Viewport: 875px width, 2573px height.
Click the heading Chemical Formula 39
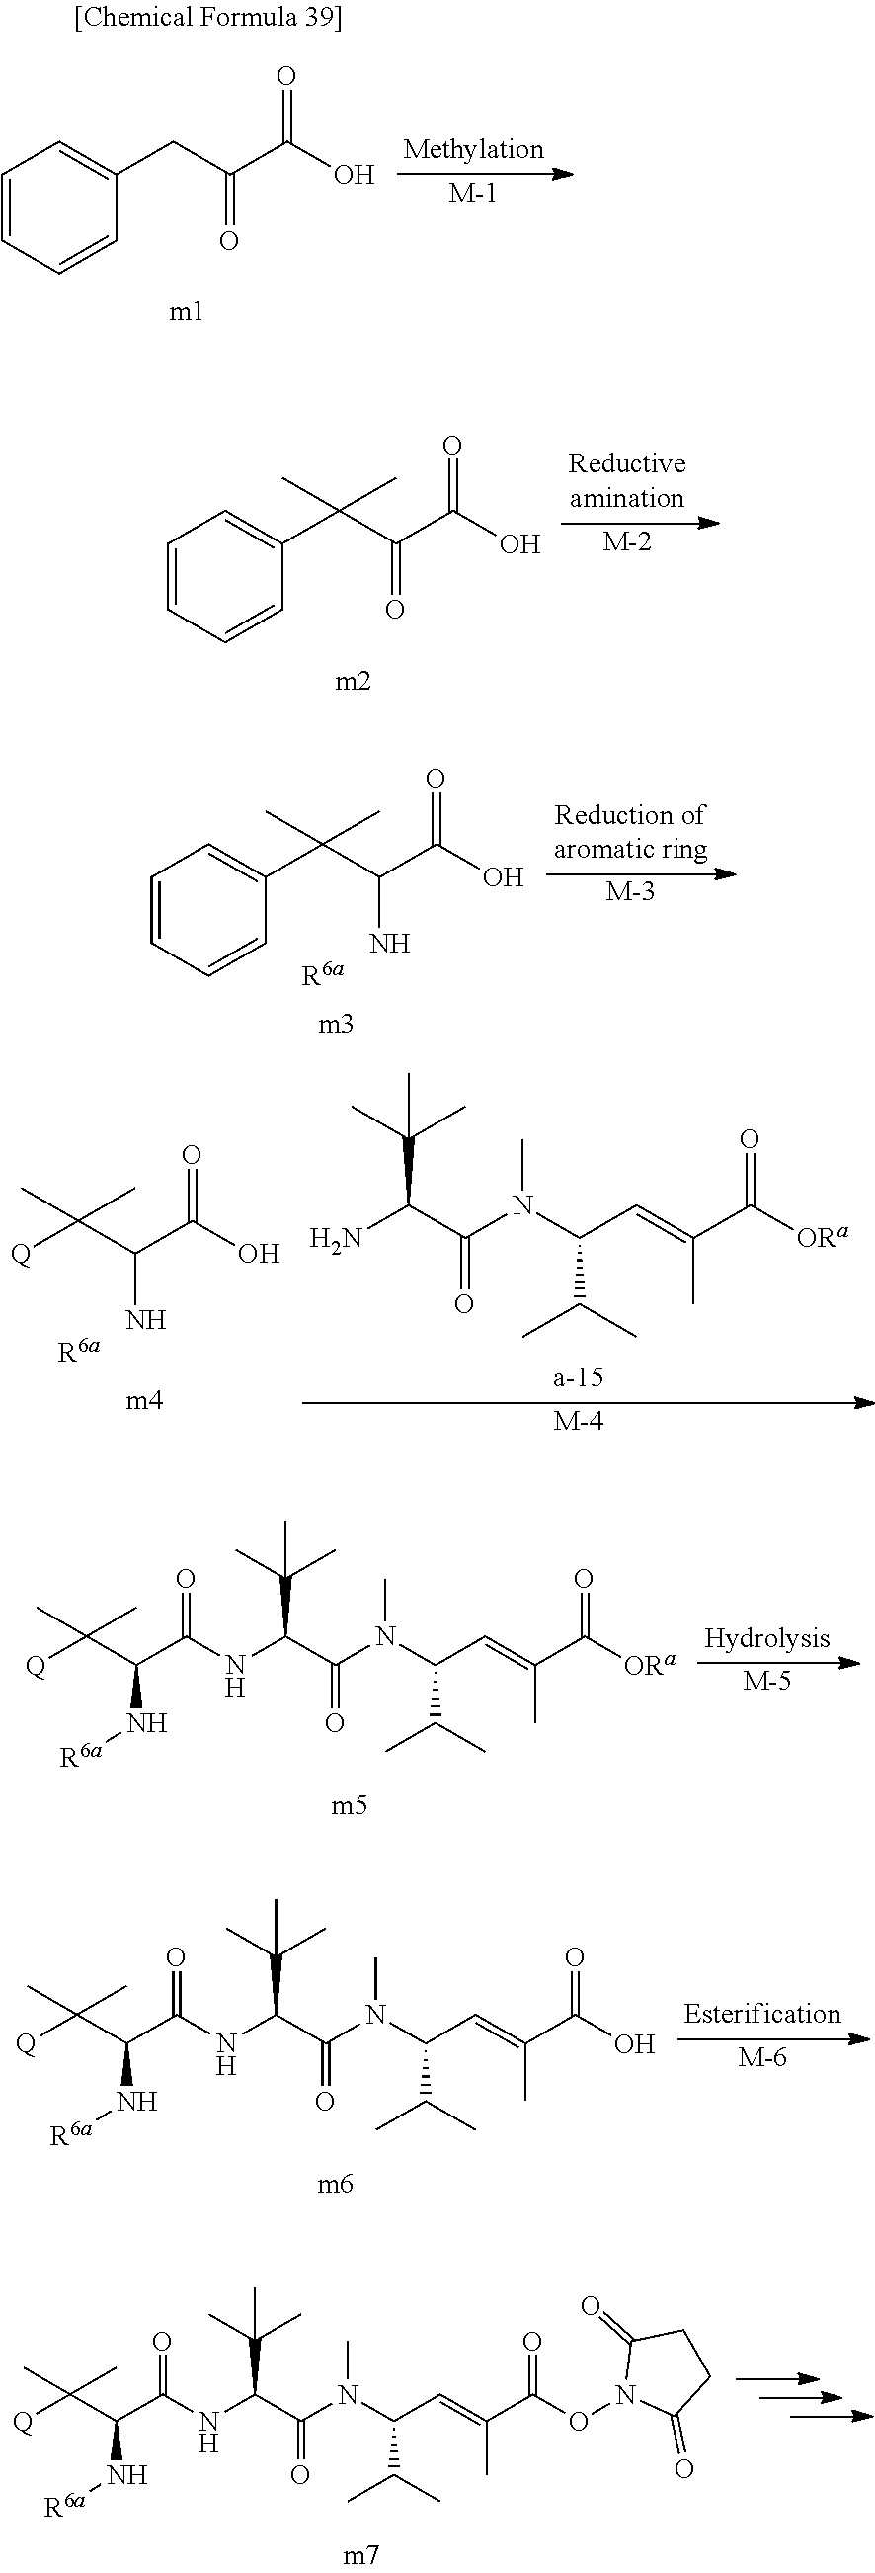207,19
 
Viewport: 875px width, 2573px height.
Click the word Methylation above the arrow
473,150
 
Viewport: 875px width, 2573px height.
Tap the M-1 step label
472,194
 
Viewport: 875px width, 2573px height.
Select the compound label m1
186,312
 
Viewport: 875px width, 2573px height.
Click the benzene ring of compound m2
225,575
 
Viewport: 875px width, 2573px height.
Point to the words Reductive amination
626,480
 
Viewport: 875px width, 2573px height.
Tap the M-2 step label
626,542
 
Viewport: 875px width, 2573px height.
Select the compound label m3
336,1023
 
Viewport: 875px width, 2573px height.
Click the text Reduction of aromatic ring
630,832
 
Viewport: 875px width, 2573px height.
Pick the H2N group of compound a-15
335,1238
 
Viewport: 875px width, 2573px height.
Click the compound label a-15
579,1377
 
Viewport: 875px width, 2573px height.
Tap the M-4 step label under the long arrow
579,1420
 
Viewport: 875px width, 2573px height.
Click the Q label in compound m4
20,1254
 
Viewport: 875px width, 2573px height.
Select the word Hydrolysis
766,1638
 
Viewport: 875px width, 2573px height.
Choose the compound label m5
350,1804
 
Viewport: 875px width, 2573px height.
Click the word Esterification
762,2014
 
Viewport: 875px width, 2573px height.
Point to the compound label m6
336,2184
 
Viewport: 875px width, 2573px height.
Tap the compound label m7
361,2555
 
